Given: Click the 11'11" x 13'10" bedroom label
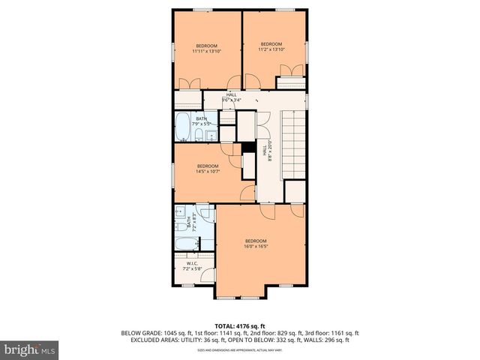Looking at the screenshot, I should pos(207,49).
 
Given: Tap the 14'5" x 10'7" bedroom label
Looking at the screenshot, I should pos(208,169).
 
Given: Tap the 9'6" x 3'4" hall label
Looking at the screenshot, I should pos(232,97).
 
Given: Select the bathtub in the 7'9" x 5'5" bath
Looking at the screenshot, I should pos(183,128).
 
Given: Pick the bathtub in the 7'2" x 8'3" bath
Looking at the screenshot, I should pos(185,244).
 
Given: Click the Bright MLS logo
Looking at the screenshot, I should pos(29,349).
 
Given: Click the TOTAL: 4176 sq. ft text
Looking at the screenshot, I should pos(240,325).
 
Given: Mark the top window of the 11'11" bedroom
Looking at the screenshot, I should pos(202,9).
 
